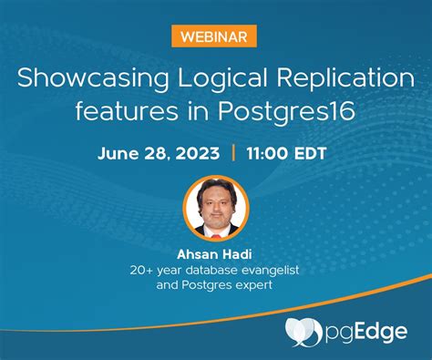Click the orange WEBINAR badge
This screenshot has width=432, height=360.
click(x=215, y=36)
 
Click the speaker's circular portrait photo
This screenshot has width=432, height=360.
click(x=216, y=208)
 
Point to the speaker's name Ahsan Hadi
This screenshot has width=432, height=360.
click(x=216, y=252)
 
